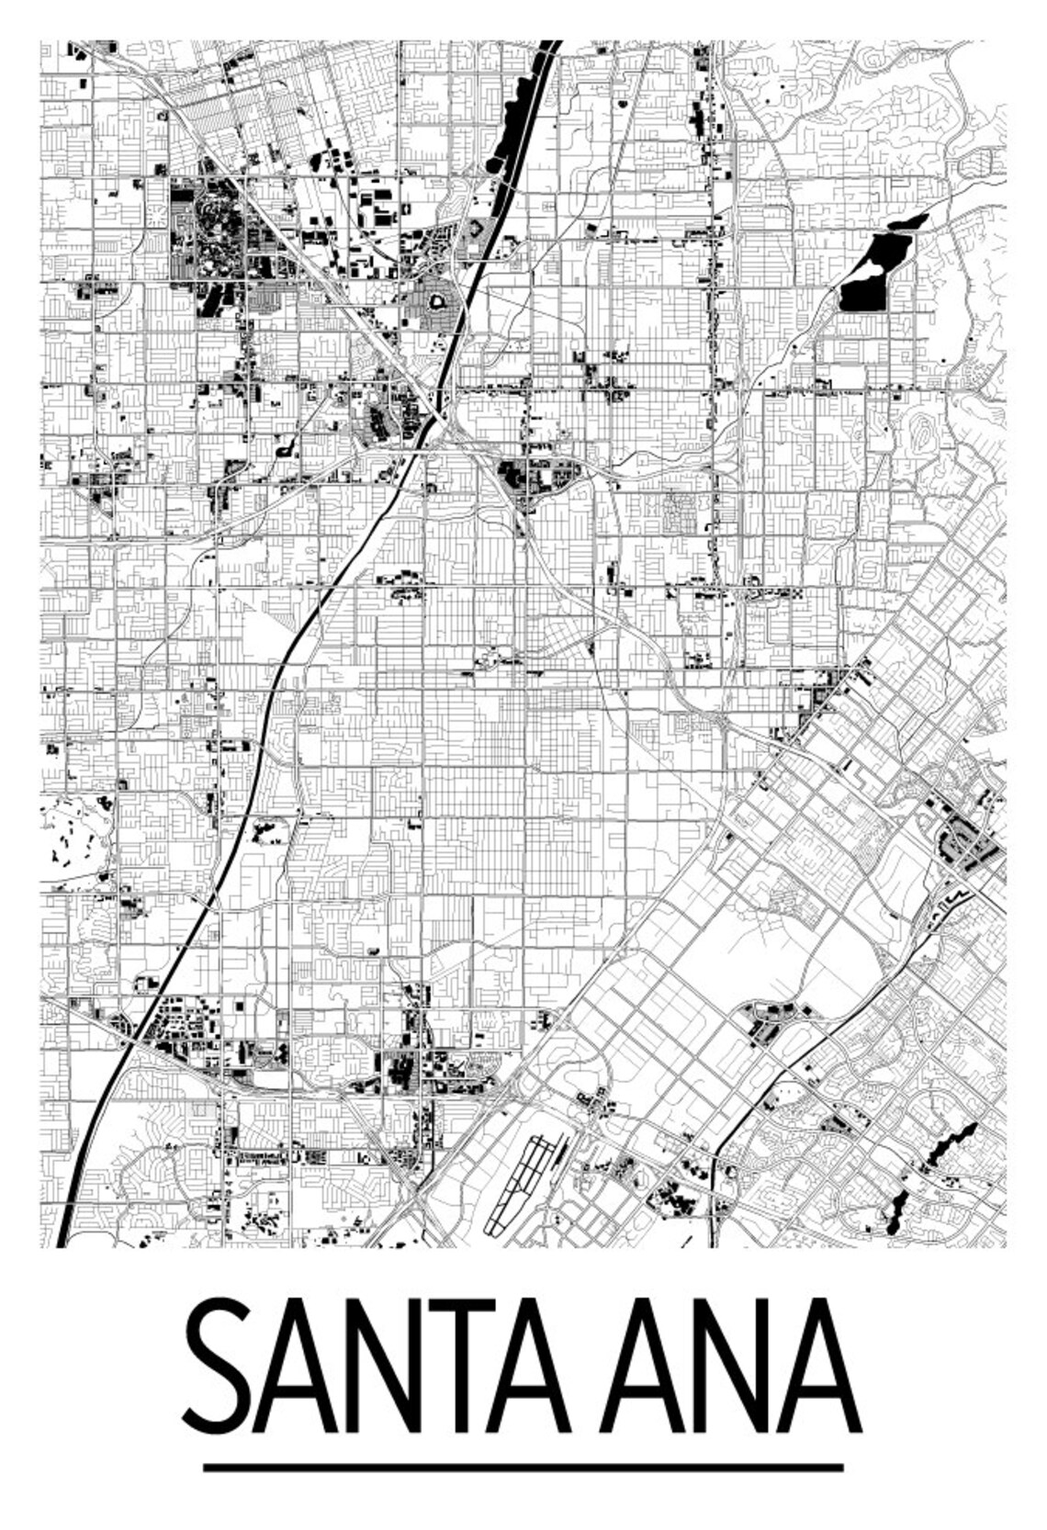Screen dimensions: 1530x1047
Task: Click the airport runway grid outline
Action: [519, 1185]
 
